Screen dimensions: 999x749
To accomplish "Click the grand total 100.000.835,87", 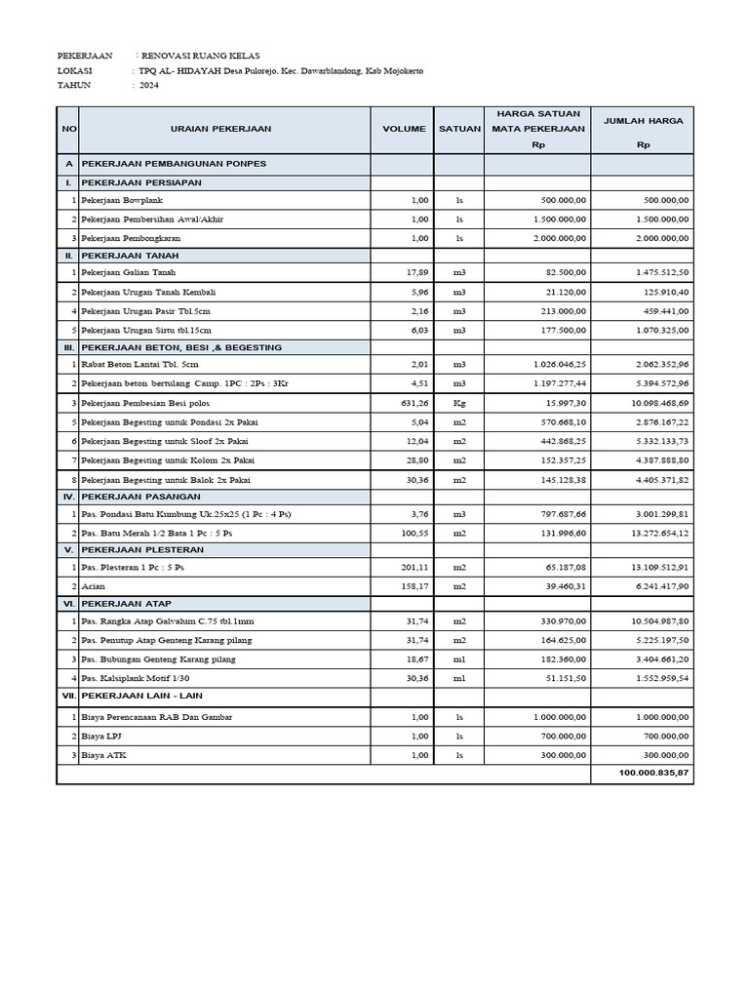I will click(x=653, y=773).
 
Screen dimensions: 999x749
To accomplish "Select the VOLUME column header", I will click(x=404, y=129).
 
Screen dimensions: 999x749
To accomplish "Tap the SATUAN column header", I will click(x=459, y=129).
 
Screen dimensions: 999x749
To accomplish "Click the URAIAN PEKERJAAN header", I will click(x=220, y=129).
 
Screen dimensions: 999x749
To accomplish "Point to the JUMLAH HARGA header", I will click(x=643, y=121).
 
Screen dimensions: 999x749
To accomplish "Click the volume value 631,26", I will click(x=414, y=403).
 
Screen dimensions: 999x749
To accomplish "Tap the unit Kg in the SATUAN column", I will click(x=459, y=403).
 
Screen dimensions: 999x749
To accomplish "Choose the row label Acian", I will click(x=94, y=585).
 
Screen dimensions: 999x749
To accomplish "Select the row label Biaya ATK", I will click(x=103, y=754).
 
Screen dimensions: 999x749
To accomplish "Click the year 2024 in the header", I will click(x=148, y=85).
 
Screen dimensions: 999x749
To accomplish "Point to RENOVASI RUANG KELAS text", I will click(x=201, y=56).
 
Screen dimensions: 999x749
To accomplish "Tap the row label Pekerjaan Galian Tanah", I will click(x=129, y=273).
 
